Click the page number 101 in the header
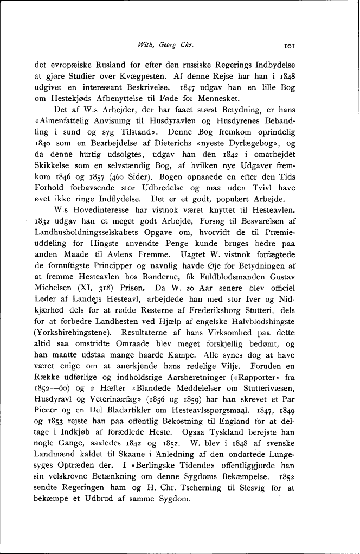pos(289,47)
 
